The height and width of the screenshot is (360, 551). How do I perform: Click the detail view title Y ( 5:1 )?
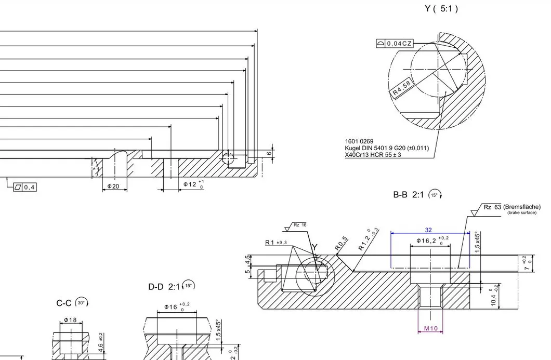coord(441,9)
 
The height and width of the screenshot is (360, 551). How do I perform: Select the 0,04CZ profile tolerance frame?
coord(395,44)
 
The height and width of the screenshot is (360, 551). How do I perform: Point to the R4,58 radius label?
coord(402,88)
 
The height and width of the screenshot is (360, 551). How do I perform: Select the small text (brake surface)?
coord(521,212)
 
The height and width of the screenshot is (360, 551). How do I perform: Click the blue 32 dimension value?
coord(428,229)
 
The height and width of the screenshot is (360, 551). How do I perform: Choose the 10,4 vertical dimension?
coord(494,298)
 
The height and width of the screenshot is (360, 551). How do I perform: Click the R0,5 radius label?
coord(342,244)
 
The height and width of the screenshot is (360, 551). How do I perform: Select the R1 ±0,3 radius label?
coord(276,243)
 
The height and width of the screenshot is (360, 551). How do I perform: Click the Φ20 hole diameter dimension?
coord(113,186)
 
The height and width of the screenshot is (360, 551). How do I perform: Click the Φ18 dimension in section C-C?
coord(70,320)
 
